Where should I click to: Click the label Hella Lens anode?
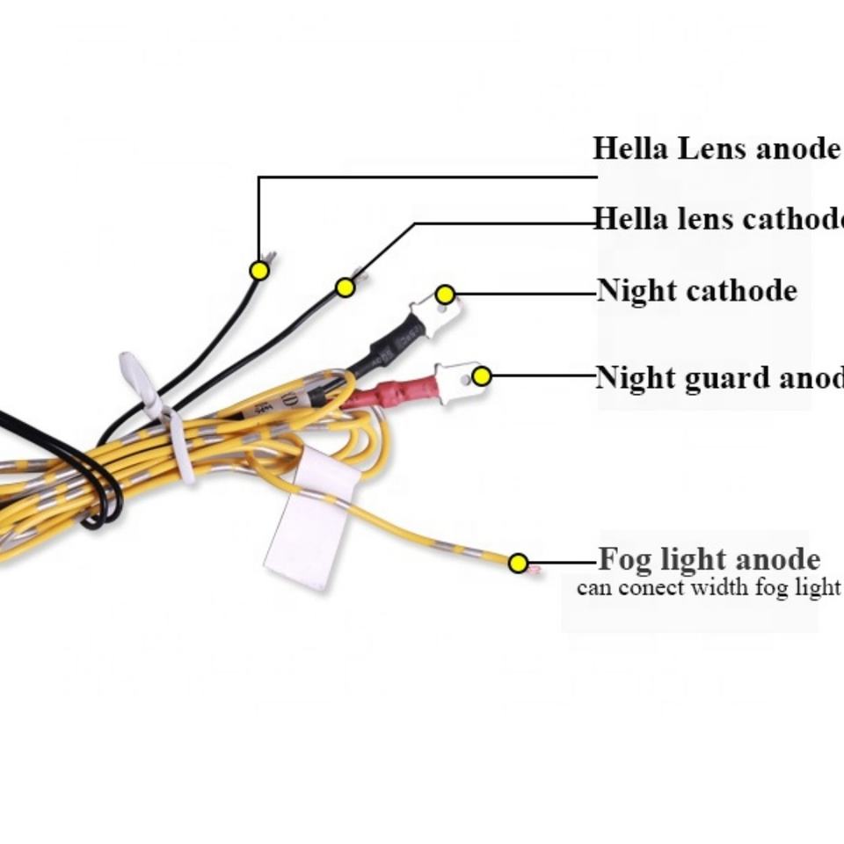pos(717,149)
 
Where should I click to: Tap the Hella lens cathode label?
pos(718,218)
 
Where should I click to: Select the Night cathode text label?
pos(697,290)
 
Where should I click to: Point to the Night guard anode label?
pos(719,377)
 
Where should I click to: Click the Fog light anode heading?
pos(709,559)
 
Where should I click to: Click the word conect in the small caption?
pos(651,587)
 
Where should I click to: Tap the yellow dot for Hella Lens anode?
pos(258,271)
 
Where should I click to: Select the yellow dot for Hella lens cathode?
pos(346,287)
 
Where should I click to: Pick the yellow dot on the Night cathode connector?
pos(446,295)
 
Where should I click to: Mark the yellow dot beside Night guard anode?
pos(481,376)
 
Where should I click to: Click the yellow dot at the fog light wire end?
pos(519,563)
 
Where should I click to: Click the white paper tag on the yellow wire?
pos(313,523)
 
